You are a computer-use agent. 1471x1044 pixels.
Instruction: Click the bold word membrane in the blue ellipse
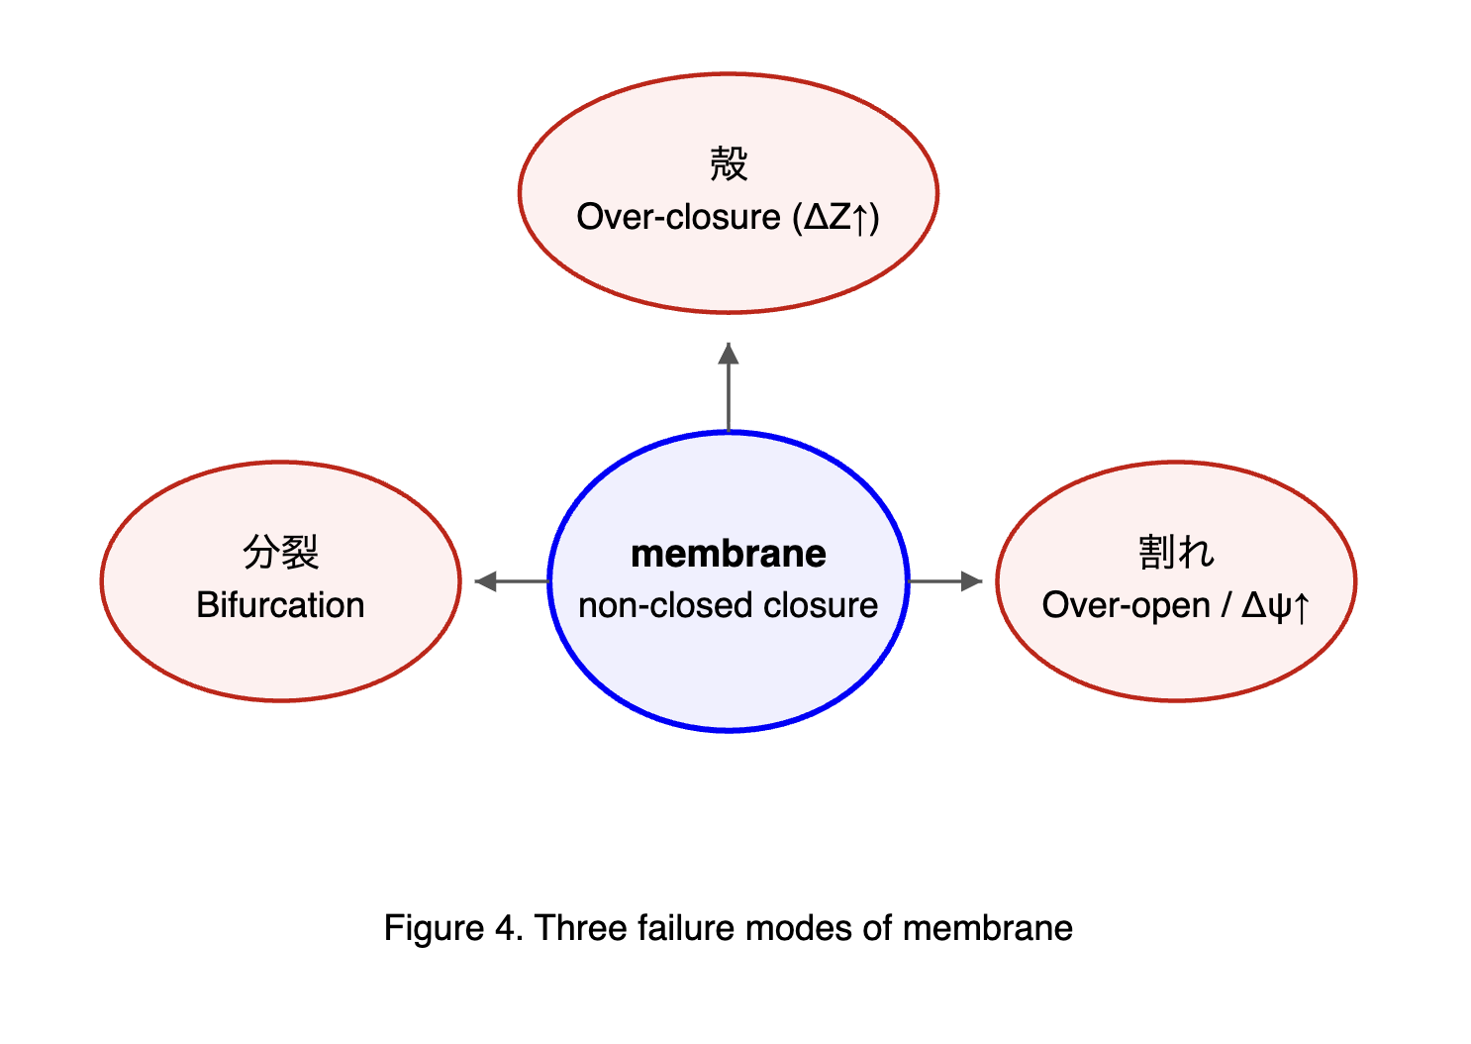(x=728, y=554)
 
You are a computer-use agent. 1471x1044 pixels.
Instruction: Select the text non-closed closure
(x=728, y=605)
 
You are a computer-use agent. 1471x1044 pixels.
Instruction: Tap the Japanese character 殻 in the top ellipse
(x=729, y=163)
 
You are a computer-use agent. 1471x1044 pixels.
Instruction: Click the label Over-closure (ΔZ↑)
(x=728, y=217)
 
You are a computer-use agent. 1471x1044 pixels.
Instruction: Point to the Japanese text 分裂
(x=280, y=552)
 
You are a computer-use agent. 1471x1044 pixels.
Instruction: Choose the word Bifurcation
(x=280, y=605)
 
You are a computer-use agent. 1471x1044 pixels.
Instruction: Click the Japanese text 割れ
(x=1175, y=552)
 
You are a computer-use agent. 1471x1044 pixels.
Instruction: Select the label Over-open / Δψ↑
(x=1175, y=605)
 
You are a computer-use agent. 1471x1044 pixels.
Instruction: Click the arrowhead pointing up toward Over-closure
(x=729, y=354)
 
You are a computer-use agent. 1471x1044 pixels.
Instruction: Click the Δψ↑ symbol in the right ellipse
(x=1275, y=605)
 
